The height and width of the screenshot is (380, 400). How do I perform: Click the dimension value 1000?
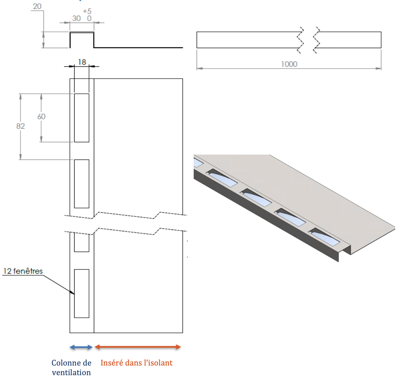(289, 64)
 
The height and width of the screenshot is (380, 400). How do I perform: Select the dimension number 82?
(20, 126)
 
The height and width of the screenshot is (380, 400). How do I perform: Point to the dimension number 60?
(41, 116)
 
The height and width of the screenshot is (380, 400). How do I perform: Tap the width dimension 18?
(82, 62)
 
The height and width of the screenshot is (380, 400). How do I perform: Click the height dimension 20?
(37, 7)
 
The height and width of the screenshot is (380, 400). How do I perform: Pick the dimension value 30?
(77, 18)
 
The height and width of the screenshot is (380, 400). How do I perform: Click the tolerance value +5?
(87, 11)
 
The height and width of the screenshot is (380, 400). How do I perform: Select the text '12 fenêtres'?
(23, 271)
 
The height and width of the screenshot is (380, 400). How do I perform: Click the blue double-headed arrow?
(81, 347)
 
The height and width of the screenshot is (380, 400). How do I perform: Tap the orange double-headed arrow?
(138, 347)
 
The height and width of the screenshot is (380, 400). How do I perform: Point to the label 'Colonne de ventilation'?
(71, 367)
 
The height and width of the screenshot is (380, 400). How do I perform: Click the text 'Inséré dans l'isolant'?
(137, 363)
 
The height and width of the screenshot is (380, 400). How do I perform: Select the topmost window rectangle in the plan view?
(82, 118)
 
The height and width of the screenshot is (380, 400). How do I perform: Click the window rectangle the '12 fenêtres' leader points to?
(82, 294)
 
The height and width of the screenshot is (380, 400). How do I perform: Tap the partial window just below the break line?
(82, 242)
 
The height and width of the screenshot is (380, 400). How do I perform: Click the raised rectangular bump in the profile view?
(82, 40)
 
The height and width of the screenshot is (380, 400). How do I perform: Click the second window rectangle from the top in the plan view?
(82, 184)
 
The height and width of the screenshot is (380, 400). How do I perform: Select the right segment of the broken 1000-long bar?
(349, 40)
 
